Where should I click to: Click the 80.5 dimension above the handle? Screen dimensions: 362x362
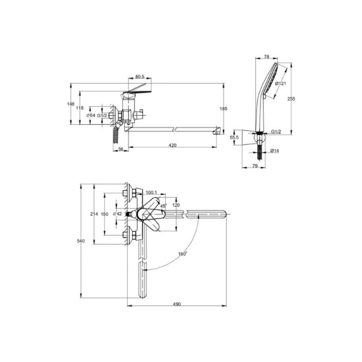140,76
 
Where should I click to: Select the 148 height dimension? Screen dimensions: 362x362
71,104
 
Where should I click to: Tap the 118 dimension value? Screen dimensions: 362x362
80,108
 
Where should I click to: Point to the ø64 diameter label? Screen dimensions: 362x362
91,115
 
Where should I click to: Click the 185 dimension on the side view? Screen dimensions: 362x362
224,109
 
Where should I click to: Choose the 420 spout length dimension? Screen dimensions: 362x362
172,145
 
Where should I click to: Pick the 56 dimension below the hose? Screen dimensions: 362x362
121,149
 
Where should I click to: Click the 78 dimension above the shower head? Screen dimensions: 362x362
267,57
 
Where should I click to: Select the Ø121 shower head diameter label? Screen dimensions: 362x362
281,83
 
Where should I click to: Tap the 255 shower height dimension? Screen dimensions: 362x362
291,99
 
